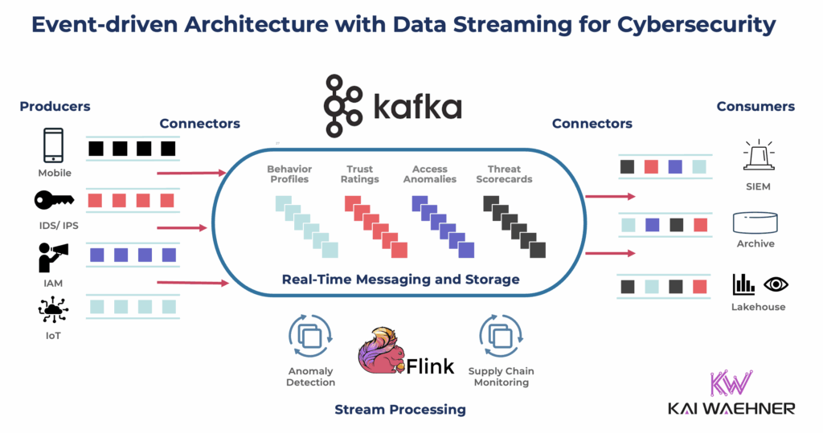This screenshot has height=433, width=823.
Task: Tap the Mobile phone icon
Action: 54,147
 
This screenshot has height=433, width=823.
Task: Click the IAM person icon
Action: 54,256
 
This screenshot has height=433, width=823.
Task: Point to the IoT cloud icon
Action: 54,310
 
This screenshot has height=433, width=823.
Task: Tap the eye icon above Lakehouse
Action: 776,284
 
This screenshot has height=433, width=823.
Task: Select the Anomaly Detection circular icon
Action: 310,337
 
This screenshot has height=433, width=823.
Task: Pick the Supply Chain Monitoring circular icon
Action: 501,337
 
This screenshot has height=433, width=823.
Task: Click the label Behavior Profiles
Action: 289,174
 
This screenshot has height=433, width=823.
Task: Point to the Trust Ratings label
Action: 359,174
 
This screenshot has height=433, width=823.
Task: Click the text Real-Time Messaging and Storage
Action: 400,280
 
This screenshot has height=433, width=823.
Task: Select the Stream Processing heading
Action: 399,410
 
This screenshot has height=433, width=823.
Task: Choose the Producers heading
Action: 55,106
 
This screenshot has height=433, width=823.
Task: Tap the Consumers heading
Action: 755,106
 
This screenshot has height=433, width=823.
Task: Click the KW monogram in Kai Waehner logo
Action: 731,383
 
